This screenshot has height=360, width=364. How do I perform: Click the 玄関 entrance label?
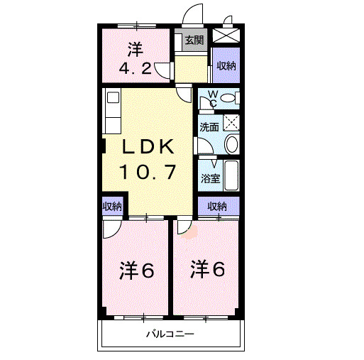click(193, 40)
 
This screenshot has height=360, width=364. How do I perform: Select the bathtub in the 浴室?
click(230, 175)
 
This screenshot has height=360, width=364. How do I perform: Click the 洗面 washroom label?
click(208, 128)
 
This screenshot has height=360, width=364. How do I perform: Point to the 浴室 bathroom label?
click(209, 178)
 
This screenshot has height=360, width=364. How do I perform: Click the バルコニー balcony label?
click(170, 334)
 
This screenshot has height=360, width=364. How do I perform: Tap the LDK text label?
click(148, 147)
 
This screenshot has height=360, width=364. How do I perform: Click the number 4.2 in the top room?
click(134, 70)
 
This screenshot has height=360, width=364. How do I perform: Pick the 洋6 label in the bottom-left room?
click(136, 271)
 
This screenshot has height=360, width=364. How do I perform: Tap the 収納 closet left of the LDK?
click(112, 207)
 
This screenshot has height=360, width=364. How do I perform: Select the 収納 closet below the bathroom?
click(217, 207)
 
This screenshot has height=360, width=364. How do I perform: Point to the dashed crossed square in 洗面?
click(231, 121)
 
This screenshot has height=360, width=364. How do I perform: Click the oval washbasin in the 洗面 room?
click(231, 146)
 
